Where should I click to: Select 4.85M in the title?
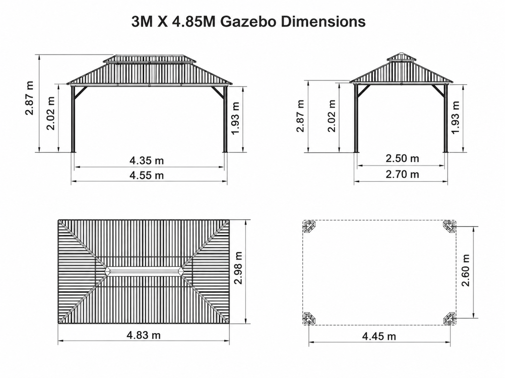[x=194, y=22]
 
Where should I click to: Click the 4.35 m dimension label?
[x=146, y=160]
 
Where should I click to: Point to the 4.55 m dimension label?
[x=146, y=175]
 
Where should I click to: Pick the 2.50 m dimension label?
[x=402, y=158]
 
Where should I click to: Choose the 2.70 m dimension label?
[x=402, y=174]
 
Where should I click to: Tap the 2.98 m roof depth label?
[x=238, y=268]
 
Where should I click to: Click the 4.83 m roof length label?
[x=144, y=335]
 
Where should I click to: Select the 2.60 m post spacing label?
[x=465, y=270]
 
